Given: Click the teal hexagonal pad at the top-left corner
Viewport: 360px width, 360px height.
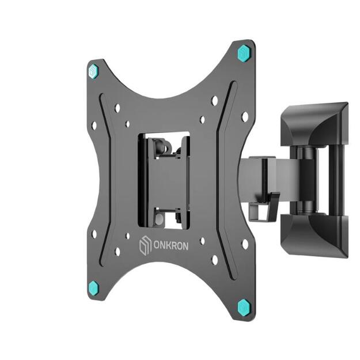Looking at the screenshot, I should coord(93,71).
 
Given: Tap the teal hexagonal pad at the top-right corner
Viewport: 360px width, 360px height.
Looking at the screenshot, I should coord(244,52).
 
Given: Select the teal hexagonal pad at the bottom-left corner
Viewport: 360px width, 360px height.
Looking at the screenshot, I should coord(93,288).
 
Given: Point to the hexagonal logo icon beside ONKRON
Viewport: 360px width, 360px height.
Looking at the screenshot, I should coord(145,247).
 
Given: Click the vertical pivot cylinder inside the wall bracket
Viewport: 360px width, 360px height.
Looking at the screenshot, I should coord(308,179).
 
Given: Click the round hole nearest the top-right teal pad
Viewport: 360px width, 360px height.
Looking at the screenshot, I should coord(214,100).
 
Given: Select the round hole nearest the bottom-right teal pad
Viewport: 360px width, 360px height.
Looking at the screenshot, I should coord(214,260).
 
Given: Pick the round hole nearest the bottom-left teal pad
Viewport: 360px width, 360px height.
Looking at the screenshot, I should coord(118,251).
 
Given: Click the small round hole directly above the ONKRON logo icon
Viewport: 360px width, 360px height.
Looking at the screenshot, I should coord(128,236).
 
